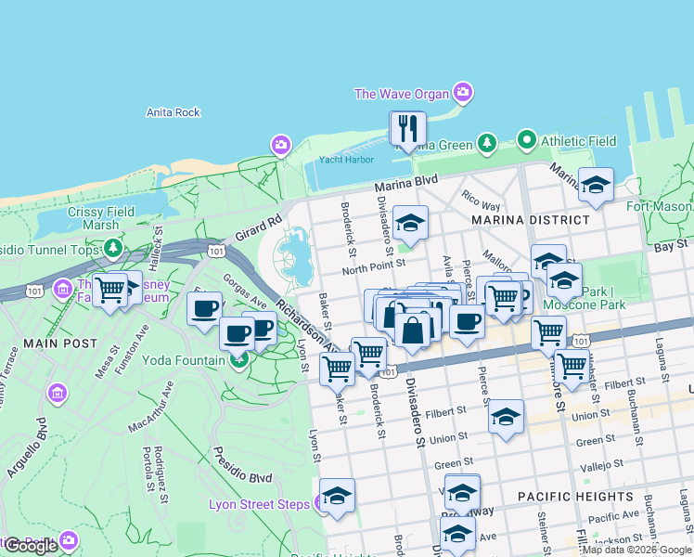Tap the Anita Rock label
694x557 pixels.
(173, 113)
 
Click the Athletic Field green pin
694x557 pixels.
(527, 141)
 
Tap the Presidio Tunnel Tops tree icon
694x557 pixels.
(113, 248)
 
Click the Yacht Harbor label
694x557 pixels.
(345, 158)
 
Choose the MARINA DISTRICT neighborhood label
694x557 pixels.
(530, 220)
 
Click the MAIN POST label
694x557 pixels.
(34, 343)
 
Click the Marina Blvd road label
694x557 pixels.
(405, 187)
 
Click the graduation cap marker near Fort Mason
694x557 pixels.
(596, 185)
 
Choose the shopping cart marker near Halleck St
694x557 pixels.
(110, 289)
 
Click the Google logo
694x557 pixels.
(32, 546)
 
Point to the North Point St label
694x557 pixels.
(368, 269)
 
